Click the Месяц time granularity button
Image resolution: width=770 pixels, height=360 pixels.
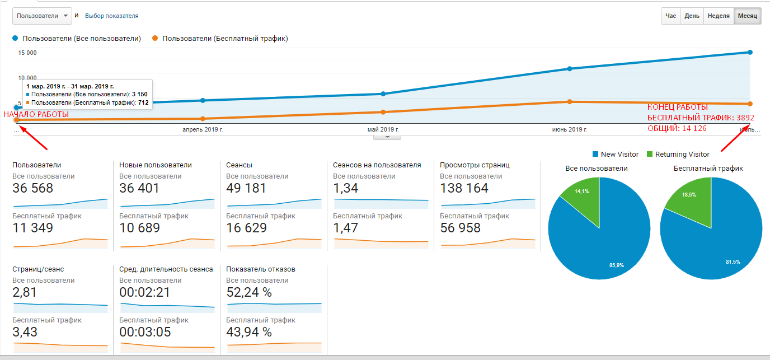747,16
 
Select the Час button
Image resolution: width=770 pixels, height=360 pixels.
670,16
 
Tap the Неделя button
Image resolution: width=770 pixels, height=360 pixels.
719,16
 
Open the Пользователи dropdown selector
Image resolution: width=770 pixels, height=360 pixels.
43,16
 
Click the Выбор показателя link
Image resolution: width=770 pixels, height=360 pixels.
112,16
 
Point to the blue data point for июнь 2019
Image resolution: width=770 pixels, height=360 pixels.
570,69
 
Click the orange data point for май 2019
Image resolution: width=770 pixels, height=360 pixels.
383,112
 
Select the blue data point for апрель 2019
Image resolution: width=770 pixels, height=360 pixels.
203,100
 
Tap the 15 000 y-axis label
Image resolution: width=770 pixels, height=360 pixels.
27,53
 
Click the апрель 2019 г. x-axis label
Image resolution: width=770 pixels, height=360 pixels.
203,130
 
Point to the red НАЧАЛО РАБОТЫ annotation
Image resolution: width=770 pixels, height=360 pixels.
36,115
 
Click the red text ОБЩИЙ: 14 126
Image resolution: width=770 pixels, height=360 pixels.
677,129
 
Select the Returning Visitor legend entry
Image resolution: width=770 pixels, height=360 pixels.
678,155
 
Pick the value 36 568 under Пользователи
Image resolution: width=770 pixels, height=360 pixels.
32,189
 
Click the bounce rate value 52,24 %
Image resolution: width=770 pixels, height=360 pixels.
249,293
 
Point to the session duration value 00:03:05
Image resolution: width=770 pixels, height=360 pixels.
145,332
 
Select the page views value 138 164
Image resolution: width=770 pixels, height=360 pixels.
464,189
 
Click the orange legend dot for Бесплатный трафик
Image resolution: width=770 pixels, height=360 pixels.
155,38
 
